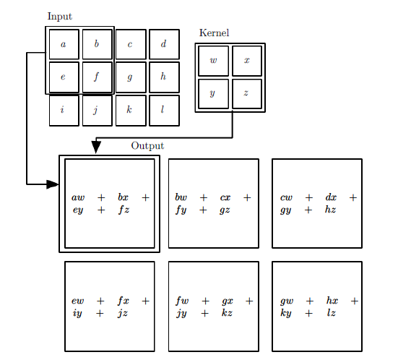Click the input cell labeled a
pos(64,44)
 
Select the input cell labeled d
pos(164,44)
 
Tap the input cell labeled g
pos(130,77)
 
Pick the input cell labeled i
pos(64,110)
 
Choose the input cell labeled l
pos(164,110)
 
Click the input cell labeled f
pos(97,77)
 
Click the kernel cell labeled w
pos(213,61)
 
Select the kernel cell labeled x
pos(247,61)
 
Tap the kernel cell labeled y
pos(213,93)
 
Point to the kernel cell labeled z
pos(247,93)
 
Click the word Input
pos(59,17)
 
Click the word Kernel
pos(214,33)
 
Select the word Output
pos(147,146)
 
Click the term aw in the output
pos(78,197)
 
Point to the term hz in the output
pos(330,210)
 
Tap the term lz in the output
pos(332,313)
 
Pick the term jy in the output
pos(181,313)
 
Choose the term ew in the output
pos(78,301)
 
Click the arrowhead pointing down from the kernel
pos(96,147)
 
